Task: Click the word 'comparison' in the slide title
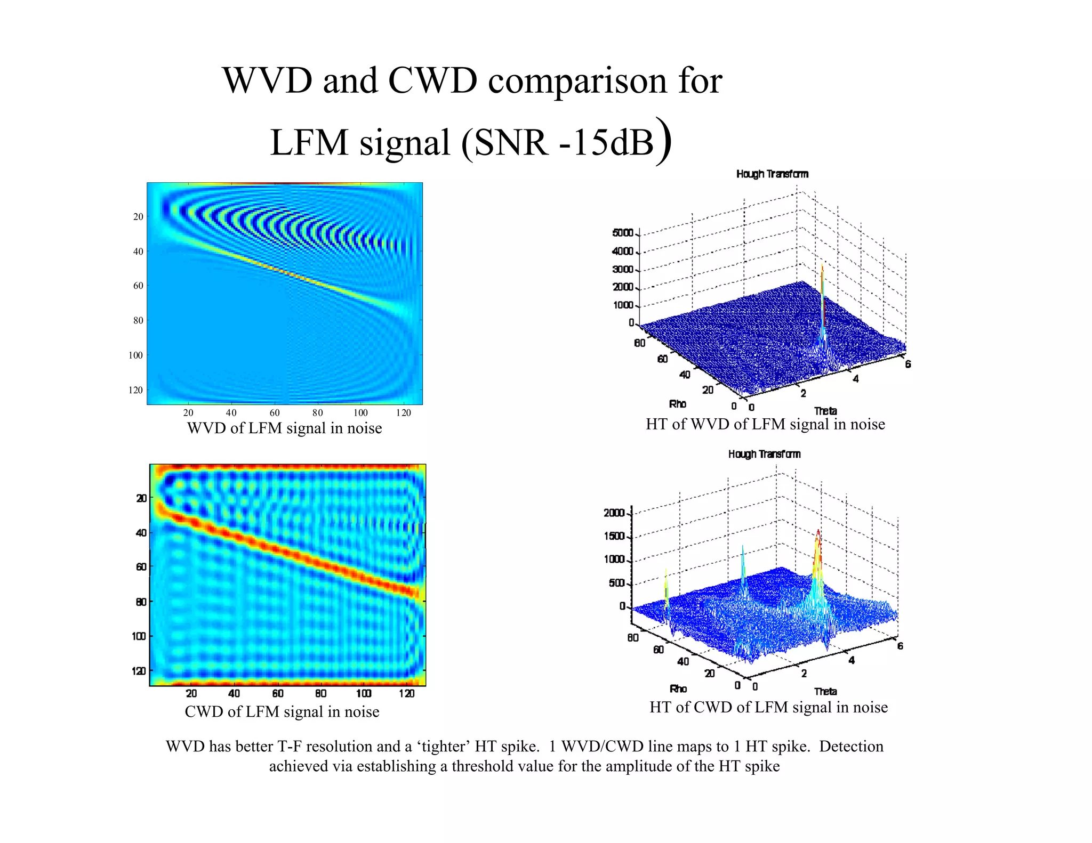point(577,81)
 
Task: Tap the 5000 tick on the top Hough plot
point(622,233)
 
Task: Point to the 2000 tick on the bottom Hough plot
point(614,513)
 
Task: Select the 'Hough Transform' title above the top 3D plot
point(772,174)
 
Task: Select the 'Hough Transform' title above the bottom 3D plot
point(764,454)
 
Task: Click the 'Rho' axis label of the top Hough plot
point(677,404)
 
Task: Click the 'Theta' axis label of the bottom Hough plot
point(825,691)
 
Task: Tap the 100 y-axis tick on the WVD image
point(136,355)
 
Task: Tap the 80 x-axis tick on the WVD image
point(317,413)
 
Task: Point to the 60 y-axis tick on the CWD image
point(141,567)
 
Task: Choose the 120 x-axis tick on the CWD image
point(406,693)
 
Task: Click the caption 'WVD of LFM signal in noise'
point(284,428)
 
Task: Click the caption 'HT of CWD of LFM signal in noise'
point(768,707)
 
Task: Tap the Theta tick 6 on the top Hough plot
point(908,364)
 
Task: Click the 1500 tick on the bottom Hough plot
point(614,536)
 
